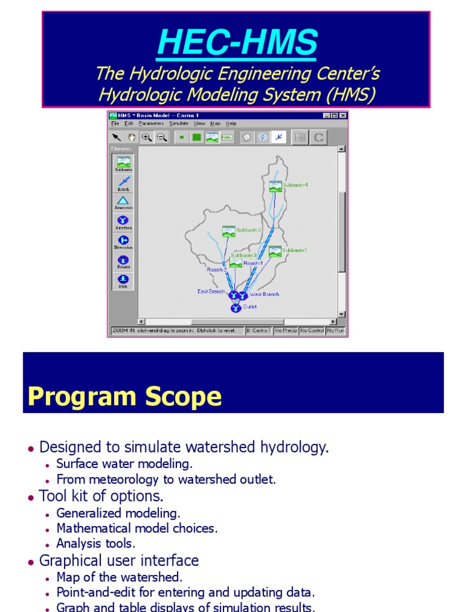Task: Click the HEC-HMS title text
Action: [237, 43]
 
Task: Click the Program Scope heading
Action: [124, 396]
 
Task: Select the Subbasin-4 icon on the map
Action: [275, 186]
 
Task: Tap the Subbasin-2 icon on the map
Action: [228, 231]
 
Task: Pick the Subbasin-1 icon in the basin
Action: [275, 252]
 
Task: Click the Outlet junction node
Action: [235, 308]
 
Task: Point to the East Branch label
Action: [212, 292]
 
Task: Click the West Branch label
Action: [264, 295]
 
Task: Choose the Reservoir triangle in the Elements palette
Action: [123, 201]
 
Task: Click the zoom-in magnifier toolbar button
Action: [146, 137]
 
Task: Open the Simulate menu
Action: [178, 124]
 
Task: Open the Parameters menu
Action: [151, 124]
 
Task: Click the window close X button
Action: [342, 115]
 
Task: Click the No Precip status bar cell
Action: [285, 331]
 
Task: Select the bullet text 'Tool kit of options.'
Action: [101, 496]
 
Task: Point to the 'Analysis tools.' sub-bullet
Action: [96, 544]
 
